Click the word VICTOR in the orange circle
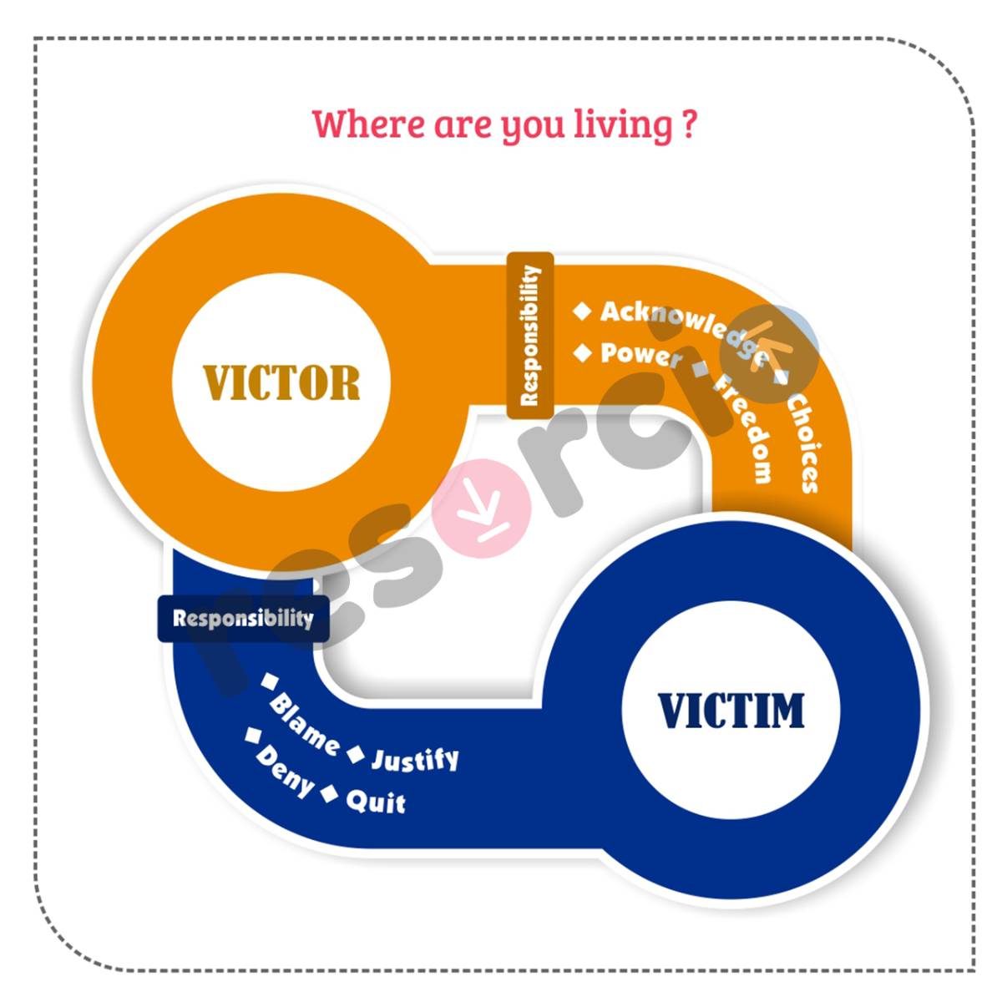coord(281,382)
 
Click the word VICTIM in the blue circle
coord(731,711)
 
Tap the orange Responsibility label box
coord(530,335)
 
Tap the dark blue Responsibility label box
coord(243,619)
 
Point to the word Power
coord(640,355)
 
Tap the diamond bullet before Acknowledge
coord(582,311)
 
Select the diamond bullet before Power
coord(582,353)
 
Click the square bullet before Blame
coord(269,681)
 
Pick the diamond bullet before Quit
coord(330,794)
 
